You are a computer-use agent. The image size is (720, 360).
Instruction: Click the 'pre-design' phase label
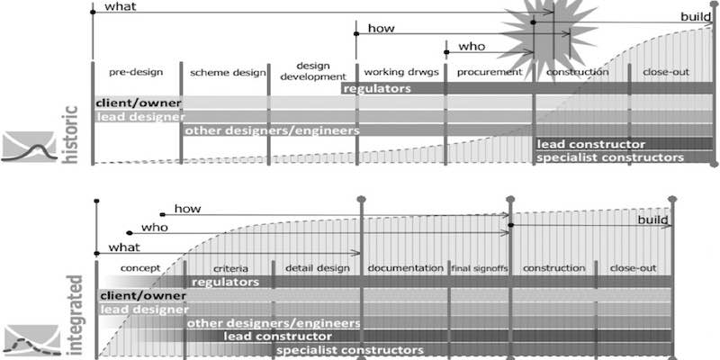pos(135,71)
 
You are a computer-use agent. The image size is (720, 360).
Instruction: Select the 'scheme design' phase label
pos(223,71)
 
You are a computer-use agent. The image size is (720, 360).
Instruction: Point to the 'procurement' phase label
pos(489,71)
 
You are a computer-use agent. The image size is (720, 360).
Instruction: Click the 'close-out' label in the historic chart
pos(667,71)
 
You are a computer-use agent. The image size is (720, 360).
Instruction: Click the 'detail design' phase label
pos(316,268)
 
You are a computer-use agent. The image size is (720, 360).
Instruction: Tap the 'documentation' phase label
pos(405,268)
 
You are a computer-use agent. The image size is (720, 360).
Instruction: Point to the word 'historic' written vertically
pos(71,135)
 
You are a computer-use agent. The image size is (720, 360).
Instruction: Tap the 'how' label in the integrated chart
pos(187,209)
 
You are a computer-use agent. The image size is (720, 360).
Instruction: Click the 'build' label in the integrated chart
pos(654,220)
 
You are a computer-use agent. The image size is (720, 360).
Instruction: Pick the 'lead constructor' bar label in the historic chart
pos(590,144)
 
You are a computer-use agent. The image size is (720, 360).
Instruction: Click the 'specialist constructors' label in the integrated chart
pos(350,349)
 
